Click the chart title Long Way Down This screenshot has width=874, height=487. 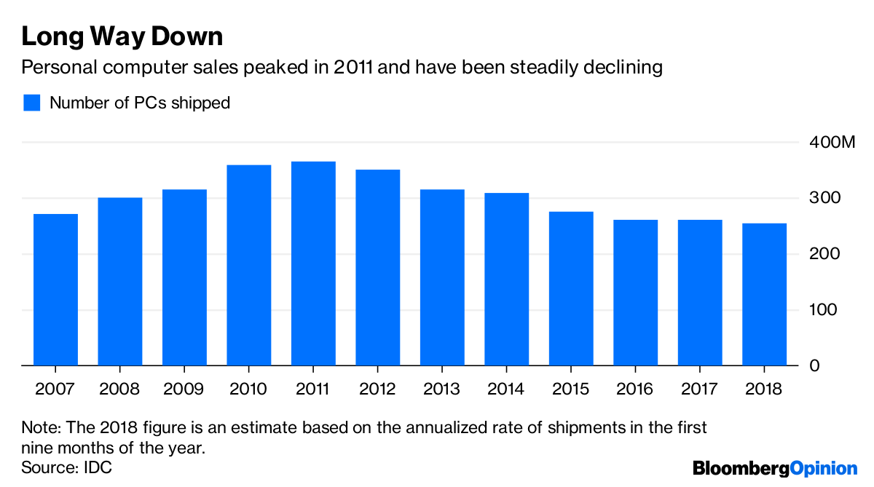122,36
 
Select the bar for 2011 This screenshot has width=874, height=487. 313,264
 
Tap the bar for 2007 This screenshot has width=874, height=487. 55,290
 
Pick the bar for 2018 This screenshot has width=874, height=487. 764,294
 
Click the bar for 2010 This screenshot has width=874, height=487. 249,265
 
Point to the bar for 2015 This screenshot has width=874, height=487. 571,288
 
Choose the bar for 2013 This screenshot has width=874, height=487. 442,277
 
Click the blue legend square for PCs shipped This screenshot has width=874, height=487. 31,103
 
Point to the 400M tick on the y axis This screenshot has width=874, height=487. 832,143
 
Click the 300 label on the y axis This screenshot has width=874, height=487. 825,199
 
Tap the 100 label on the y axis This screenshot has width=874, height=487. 825,310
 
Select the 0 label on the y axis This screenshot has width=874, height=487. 816,365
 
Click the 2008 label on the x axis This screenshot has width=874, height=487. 120,389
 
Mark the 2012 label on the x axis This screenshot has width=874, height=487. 377,389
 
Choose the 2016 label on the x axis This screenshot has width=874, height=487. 635,389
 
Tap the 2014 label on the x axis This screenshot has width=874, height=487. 506,389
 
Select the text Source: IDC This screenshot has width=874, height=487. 67,467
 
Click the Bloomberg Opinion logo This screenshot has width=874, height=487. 775,468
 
